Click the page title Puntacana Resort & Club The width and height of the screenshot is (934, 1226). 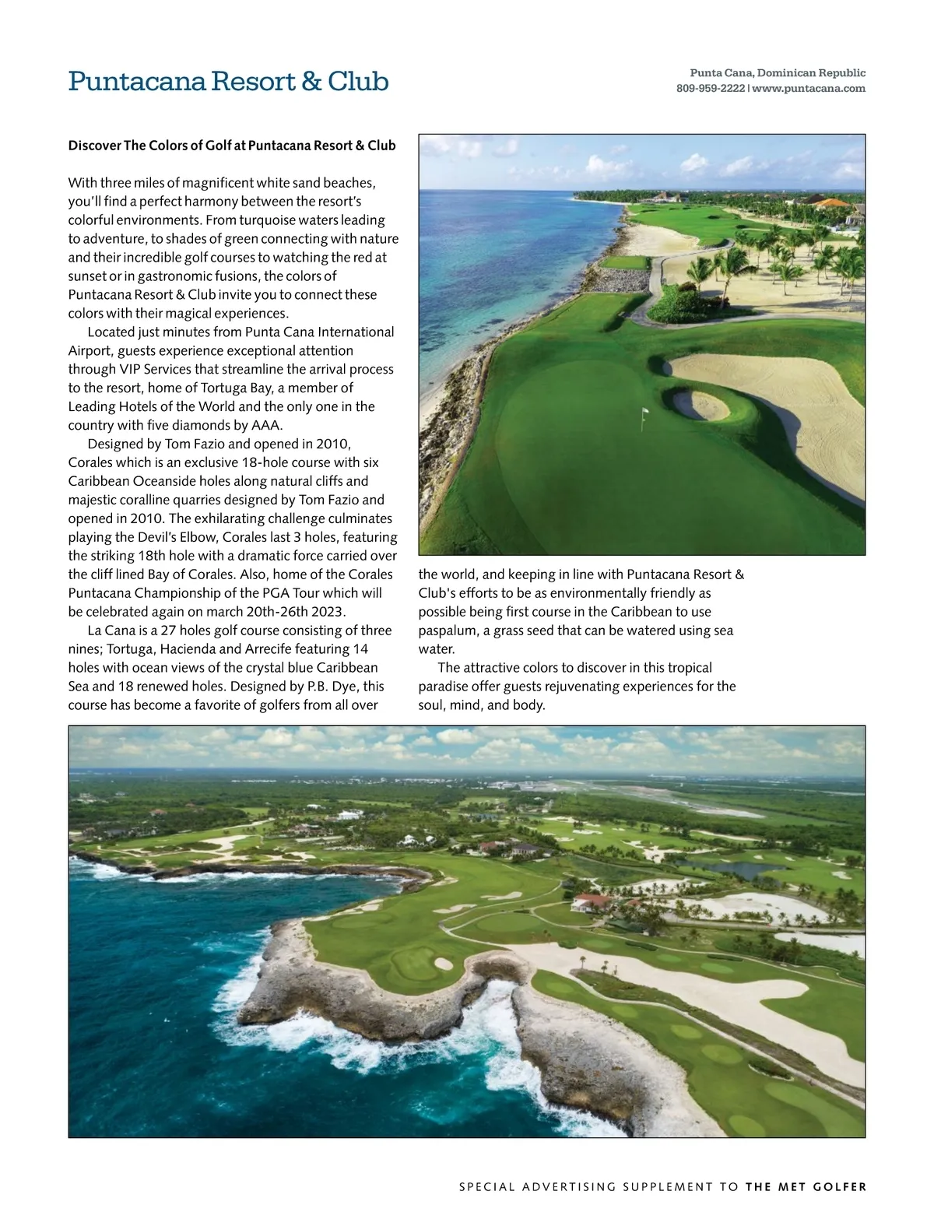click(x=228, y=81)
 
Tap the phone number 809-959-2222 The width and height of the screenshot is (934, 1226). click(x=711, y=89)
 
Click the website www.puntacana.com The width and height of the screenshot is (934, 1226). click(x=809, y=89)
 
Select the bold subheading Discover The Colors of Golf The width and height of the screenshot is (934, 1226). click(x=232, y=146)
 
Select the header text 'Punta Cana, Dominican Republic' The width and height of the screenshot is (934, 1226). click(x=778, y=73)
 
